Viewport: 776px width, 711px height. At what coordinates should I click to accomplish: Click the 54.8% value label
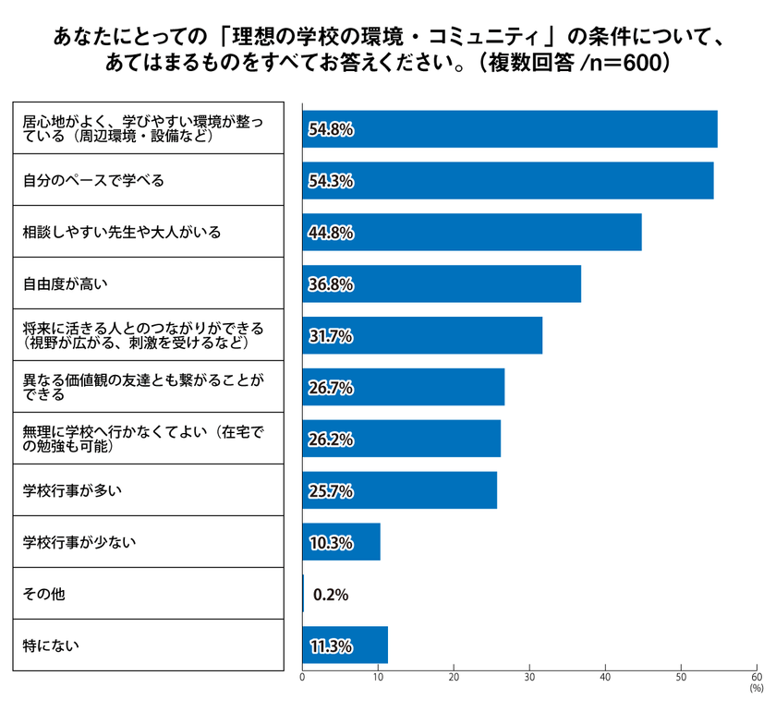[330, 130]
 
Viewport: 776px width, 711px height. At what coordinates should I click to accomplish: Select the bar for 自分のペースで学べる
[508, 181]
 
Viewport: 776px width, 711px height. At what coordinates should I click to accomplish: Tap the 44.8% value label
[330, 233]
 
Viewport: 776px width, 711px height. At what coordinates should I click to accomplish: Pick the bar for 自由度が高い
[442, 284]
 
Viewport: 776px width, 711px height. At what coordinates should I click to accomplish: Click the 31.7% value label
[330, 336]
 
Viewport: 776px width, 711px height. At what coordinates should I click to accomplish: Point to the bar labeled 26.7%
[404, 388]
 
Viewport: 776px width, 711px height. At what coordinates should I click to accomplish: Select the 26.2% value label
[330, 440]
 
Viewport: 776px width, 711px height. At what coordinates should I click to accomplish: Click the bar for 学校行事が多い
[399, 490]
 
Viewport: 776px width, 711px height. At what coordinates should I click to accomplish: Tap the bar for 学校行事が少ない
[341, 542]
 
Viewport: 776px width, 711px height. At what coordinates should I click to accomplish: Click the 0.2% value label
[331, 595]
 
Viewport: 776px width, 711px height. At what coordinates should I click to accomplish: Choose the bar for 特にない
[345, 645]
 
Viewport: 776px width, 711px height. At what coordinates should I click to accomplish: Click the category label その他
[43, 594]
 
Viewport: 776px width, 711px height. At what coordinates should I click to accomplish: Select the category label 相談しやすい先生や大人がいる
[121, 232]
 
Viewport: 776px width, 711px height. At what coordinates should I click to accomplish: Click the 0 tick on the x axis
[303, 678]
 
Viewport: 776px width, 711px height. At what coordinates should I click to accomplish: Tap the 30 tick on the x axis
[529, 678]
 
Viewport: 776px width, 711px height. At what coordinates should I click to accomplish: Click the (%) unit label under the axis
[756, 689]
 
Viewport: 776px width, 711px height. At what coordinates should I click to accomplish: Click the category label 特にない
[50, 645]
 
